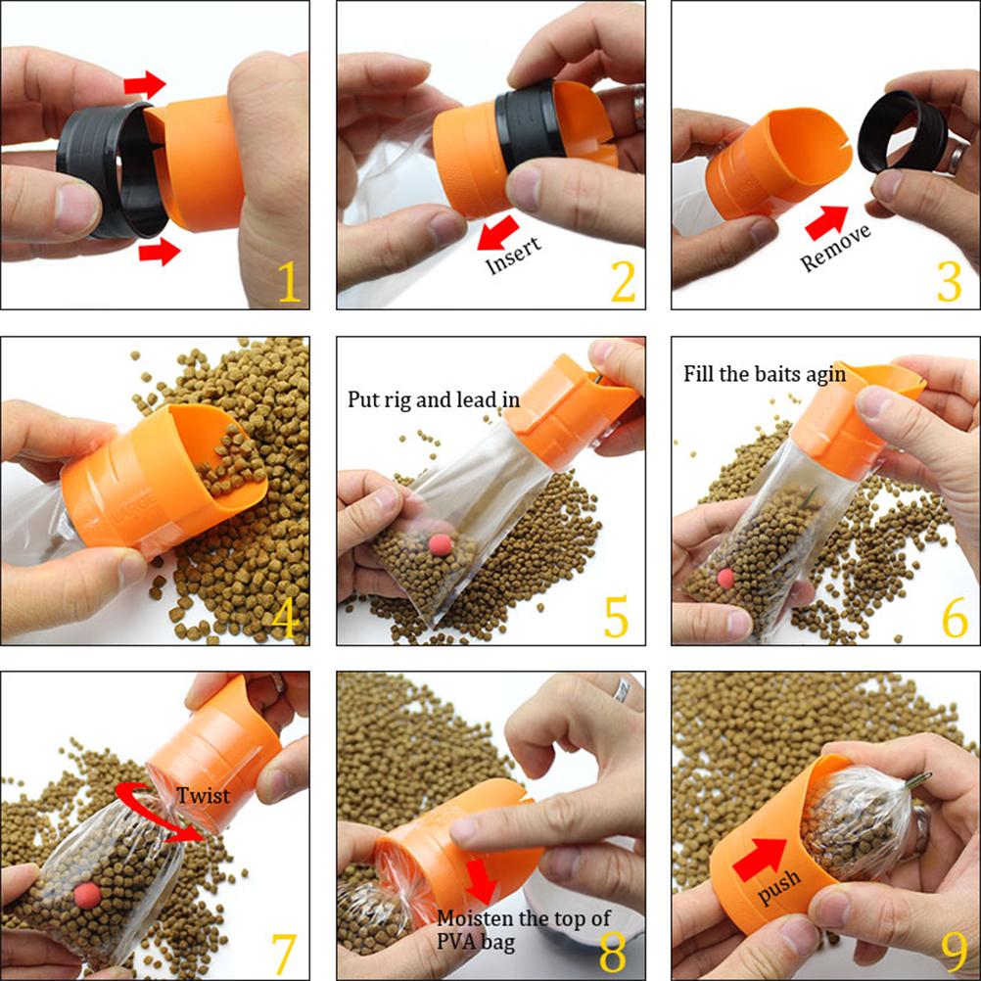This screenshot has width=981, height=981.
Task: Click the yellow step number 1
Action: click(x=290, y=282)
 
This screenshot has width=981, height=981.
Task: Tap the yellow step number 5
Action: click(x=616, y=617)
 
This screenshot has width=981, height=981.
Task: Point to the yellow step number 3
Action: click(x=949, y=282)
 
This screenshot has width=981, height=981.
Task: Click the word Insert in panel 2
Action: click(x=513, y=256)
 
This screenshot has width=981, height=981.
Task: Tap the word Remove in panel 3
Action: click(x=835, y=248)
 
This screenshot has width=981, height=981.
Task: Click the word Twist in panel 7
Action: click(x=203, y=795)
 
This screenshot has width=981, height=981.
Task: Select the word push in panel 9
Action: click(x=779, y=885)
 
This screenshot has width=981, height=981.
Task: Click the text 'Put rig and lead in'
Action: click(x=434, y=399)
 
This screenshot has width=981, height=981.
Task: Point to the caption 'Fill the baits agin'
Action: click(x=765, y=374)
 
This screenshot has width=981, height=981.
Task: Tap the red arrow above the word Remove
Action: click(x=826, y=222)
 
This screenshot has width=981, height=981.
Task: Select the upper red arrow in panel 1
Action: click(x=145, y=84)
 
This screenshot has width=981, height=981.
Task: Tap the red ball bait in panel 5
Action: click(x=441, y=544)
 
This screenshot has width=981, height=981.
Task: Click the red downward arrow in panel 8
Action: click(x=481, y=881)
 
